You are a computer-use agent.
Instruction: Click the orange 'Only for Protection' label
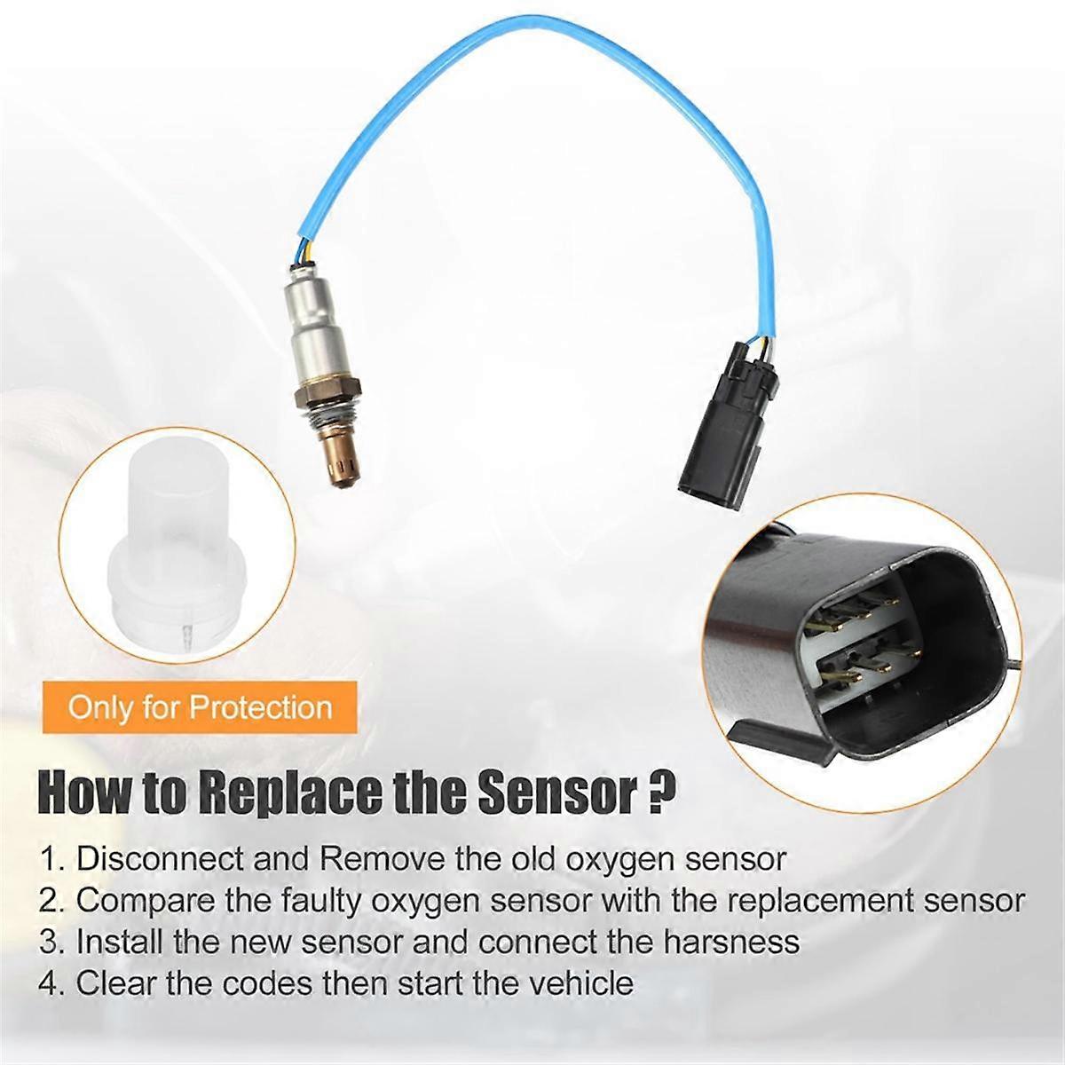click(200, 707)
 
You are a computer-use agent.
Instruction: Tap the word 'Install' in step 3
click(110, 942)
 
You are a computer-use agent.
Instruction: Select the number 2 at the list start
click(51, 901)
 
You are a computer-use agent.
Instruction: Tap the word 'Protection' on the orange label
click(261, 707)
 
